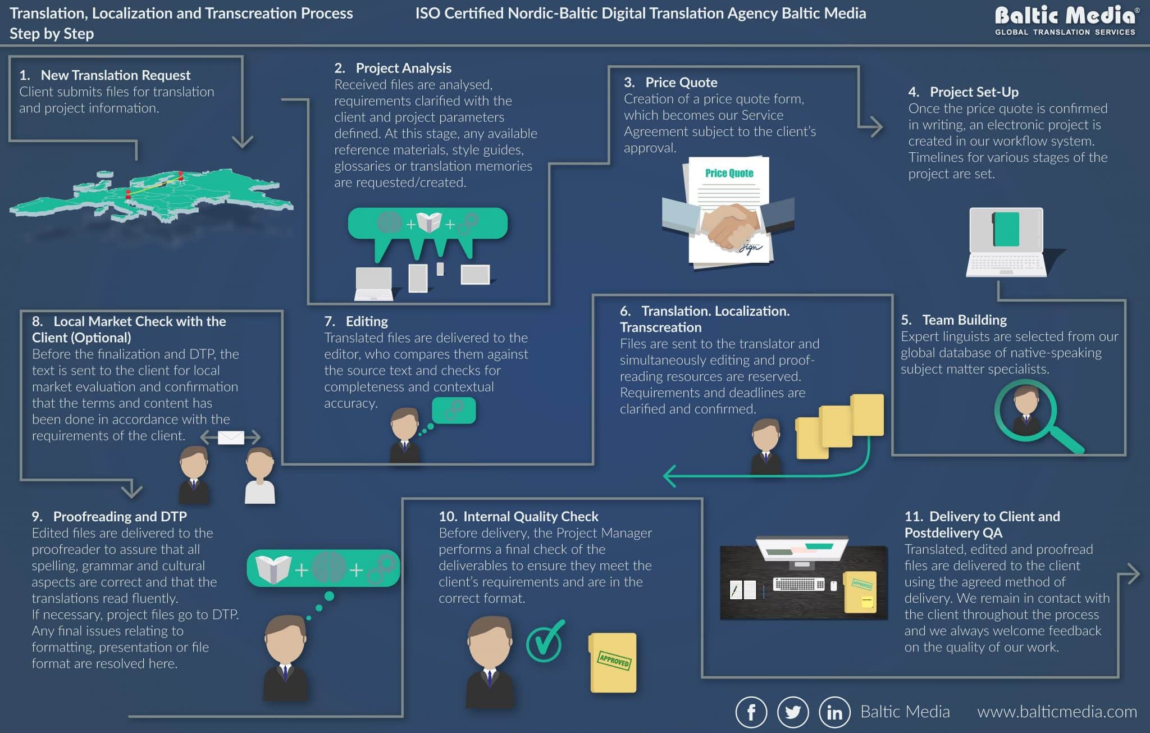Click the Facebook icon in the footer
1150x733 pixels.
click(751, 712)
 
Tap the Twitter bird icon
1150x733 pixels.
click(792, 712)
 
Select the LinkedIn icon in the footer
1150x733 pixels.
click(834, 712)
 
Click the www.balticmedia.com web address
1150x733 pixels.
click(1056, 712)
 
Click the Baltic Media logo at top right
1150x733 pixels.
click(1065, 20)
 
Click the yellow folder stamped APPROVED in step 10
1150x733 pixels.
click(613, 663)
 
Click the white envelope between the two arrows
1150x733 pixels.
click(231, 438)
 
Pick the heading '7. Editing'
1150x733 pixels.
click(356, 321)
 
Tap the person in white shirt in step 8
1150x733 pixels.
click(260, 475)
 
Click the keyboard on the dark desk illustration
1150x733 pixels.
click(798, 585)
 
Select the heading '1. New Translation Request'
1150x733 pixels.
click(105, 75)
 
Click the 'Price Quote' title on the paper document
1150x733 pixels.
click(729, 173)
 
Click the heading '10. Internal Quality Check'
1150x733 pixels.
click(518, 516)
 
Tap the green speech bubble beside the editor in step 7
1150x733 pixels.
click(454, 411)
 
